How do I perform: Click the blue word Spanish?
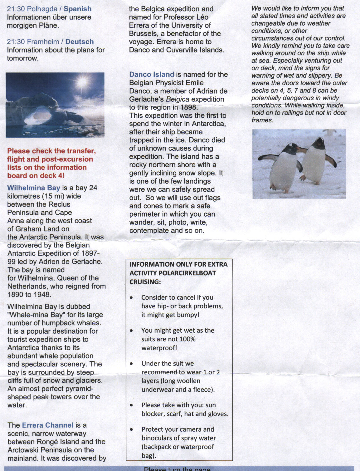77,9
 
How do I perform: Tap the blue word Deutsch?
79,42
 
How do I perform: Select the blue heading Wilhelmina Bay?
33,188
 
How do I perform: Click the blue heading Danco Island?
152,75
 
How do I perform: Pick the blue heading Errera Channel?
47,425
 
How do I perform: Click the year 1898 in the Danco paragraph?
188,107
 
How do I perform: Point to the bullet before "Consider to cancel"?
132,297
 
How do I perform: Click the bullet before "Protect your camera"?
132,429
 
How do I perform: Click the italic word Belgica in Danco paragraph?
178,99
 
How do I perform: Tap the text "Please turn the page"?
177,469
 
